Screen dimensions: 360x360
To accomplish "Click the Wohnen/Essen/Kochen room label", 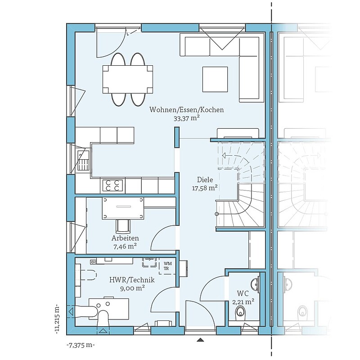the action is point(186,110).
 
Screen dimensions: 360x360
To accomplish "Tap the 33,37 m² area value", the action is point(186,118).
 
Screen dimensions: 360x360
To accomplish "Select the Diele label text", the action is point(205,180).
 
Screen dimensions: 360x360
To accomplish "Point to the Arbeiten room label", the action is point(125,238).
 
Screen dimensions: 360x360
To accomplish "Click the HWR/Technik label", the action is point(132,280).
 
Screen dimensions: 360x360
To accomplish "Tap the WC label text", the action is point(243,293).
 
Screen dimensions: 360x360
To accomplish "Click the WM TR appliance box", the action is point(167,266).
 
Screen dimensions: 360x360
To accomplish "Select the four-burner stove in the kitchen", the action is point(113,185).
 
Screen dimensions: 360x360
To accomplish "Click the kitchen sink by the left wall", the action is point(83,160).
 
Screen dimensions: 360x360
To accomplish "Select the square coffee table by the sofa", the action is point(215,80).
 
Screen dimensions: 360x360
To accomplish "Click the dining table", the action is point(128,80).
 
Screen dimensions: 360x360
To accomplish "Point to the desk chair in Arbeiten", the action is point(123,226).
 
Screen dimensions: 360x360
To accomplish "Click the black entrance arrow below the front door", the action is point(201,340).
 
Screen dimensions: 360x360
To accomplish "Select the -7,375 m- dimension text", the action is point(81,345).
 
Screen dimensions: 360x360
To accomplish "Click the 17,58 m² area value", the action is point(205,188).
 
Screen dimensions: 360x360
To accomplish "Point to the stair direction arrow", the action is point(231,155).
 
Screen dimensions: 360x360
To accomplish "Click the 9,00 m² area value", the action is point(132,288).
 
